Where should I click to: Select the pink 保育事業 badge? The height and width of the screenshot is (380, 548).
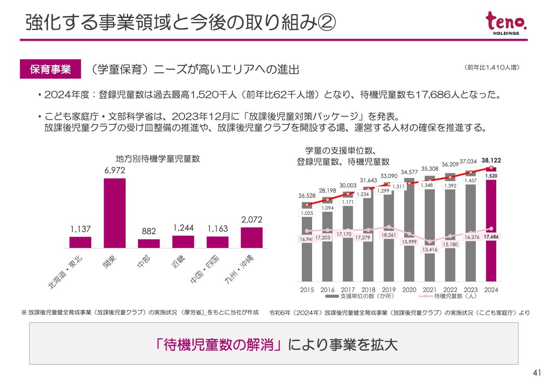tap(50, 69)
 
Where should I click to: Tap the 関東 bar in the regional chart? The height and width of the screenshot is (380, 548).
tap(115, 213)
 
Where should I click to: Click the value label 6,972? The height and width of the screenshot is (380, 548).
tap(115, 171)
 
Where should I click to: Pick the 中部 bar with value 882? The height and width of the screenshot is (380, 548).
tap(149, 243)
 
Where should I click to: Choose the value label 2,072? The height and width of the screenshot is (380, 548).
tap(252, 220)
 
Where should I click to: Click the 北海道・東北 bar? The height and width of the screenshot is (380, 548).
tap(80, 242)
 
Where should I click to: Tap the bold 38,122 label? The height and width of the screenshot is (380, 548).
tap(491, 160)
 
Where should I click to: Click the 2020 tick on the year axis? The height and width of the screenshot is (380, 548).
tap(409, 290)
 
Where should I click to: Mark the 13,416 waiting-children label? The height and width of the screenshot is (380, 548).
tap(429, 249)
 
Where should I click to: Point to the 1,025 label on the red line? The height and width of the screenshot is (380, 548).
tap(307, 213)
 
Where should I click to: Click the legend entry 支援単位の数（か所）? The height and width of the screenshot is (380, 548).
tap(360, 296)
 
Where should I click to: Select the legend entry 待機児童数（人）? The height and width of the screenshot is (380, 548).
tap(450, 296)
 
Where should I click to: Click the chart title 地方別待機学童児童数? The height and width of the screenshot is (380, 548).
tap(158, 159)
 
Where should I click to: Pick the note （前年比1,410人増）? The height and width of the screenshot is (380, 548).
tap(492, 67)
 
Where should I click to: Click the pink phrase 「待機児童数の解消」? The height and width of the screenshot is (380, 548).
tap(219, 344)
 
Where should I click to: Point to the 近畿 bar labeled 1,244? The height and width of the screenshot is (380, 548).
tap(183, 241)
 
